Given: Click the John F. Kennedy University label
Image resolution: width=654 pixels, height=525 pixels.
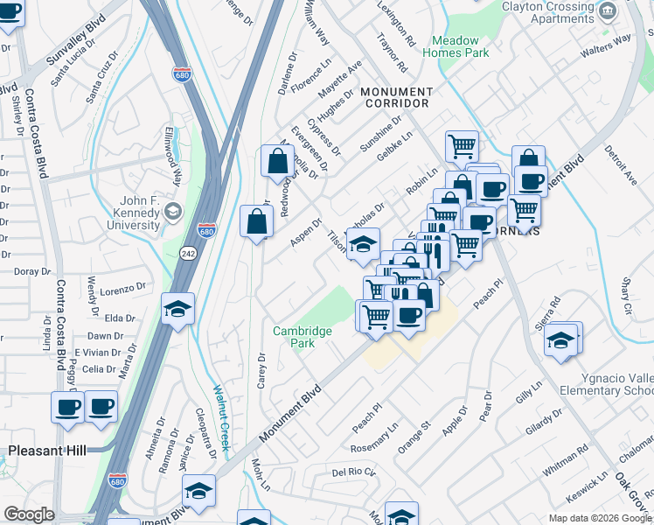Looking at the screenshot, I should (129, 213).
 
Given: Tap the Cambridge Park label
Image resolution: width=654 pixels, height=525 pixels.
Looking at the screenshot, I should (303, 337).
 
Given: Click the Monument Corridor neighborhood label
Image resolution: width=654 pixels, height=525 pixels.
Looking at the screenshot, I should (396, 97).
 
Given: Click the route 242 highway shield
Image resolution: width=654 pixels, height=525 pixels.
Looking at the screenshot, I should (189, 252).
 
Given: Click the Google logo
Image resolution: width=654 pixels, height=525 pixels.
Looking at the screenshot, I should (30, 514).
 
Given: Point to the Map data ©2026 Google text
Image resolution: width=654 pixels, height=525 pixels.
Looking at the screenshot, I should (600, 518).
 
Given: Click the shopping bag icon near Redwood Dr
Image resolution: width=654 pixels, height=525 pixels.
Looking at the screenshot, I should (277, 162).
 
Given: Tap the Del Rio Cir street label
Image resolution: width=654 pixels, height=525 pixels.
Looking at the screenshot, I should (353, 472).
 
